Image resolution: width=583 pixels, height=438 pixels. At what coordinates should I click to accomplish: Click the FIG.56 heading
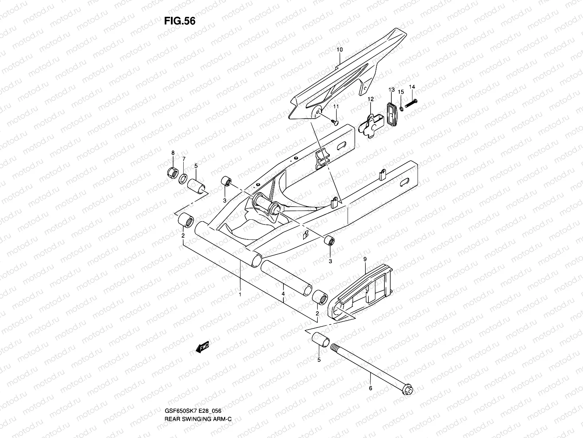coord(179,21)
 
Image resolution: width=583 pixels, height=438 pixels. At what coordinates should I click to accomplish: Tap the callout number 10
coord(340,49)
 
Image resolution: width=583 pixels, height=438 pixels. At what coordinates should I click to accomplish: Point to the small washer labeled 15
coord(400,109)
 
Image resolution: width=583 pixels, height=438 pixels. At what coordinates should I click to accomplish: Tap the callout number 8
coord(173,153)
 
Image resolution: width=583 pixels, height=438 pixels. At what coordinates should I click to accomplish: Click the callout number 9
coord(365,259)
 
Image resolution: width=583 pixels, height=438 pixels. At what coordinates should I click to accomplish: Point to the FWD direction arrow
coord(203,347)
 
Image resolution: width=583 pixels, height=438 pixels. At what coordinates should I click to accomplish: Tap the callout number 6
coord(371,398)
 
